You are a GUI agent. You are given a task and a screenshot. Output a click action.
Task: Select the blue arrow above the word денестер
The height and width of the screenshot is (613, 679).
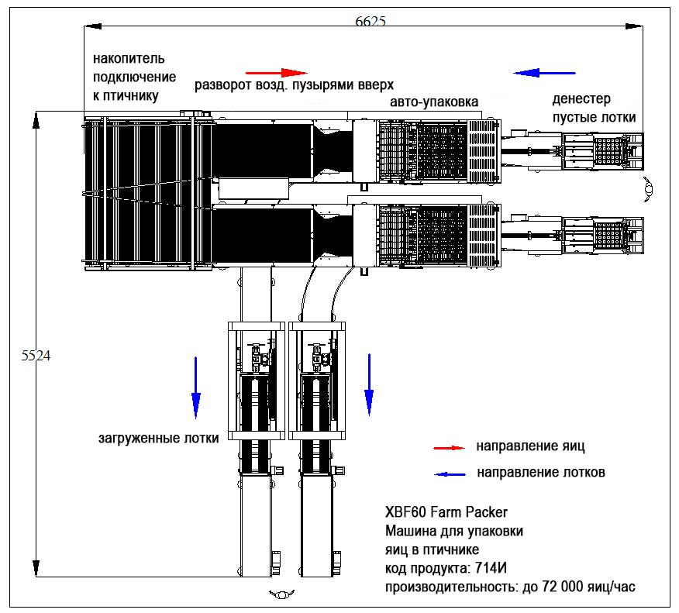[x=544, y=73]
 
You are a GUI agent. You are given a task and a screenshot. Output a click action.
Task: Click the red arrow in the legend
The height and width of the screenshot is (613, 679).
[x=449, y=448]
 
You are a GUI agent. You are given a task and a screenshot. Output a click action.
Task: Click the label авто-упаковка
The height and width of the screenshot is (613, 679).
[x=434, y=102]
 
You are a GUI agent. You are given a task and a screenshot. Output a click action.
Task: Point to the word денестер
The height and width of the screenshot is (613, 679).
[x=581, y=99]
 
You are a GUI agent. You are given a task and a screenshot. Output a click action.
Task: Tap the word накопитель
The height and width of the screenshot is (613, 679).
[x=129, y=59]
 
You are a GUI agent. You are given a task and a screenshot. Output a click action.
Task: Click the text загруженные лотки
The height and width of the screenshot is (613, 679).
[x=158, y=438]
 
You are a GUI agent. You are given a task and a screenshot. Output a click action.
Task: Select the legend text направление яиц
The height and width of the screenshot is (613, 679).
[x=530, y=446]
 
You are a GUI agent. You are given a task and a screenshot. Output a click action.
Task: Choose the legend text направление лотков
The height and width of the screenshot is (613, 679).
[x=540, y=472]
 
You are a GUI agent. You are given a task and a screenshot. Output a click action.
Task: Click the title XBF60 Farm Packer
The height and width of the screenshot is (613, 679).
[x=446, y=512]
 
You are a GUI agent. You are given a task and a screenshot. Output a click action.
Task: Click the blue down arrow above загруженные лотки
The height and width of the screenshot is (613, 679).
[x=195, y=385]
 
